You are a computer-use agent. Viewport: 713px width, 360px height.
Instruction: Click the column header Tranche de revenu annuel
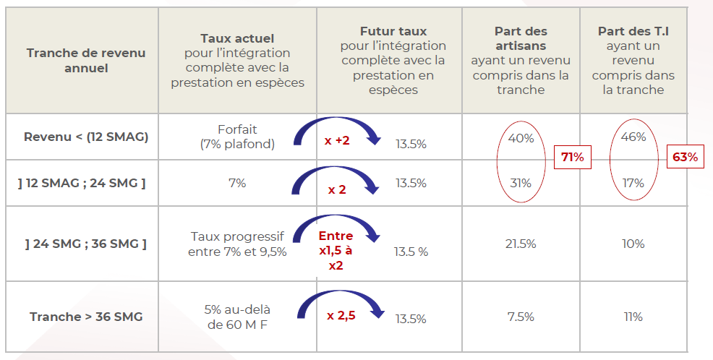(x=85, y=61)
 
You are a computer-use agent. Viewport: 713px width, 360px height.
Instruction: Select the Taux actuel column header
(x=237, y=60)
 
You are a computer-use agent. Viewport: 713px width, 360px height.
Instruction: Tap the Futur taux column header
(x=393, y=61)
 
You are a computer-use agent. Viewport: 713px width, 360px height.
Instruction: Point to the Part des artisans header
(x=521, y=61)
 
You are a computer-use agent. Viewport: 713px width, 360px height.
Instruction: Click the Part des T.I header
(x=633, y=61)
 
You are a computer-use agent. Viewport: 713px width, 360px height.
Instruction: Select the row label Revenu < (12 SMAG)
(x=86, y=136)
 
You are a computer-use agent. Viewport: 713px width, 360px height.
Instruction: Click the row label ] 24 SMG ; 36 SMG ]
(x=85, y=244)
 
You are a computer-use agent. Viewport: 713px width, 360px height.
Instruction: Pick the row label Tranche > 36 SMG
(x=86, y=317)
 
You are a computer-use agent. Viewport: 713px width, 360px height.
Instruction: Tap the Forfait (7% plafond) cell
(x=237, y=137)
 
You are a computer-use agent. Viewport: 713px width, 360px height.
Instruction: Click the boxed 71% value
(x=572, y=157)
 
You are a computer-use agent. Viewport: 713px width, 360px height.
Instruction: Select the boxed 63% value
(x=686, y=157)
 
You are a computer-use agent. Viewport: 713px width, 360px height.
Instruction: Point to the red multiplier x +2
(x=336, y=140)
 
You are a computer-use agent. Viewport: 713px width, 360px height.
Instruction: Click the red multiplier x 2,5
(x=341, y=315)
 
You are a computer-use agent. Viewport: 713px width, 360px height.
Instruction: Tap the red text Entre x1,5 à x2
(x=336, y=250)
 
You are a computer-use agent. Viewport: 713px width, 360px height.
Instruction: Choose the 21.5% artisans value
(x=521, y=244)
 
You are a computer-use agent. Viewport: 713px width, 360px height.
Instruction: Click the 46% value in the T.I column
(x=633, y=137)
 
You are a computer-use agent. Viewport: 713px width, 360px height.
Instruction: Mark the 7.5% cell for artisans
(x=521, y=317)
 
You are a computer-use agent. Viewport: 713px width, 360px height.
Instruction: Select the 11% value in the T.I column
(x=633, y=317)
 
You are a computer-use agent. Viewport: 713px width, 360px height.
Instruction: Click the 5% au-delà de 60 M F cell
(x=237, y=317)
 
